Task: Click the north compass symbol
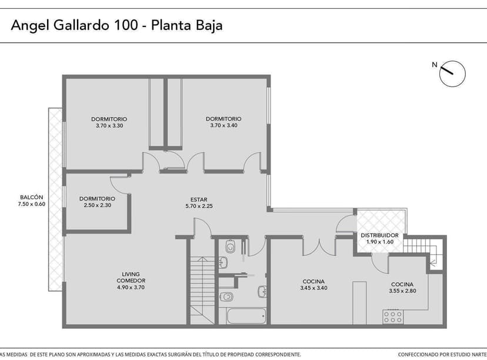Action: (x=452, y=73)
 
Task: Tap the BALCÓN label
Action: (x=32, y=197)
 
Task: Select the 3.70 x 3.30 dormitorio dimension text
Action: (x=109, y=126)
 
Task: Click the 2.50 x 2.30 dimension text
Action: (x=97, y=205)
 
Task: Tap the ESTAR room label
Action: (x=199, y=199)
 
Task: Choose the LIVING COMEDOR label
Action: (x=131, y=277)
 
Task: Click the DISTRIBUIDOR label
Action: (x=379, y=235)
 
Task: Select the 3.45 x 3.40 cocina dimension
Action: (x=313, y=288)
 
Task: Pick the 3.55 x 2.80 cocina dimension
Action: (x=402, y=291)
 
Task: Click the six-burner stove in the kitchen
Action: (x=393, y=317)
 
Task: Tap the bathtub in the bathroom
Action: (x=246, y=316)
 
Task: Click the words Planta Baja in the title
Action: (x=187, y=25)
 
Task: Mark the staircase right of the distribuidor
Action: (x=422, y=246)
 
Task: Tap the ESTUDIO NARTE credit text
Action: (x=461, y=355)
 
